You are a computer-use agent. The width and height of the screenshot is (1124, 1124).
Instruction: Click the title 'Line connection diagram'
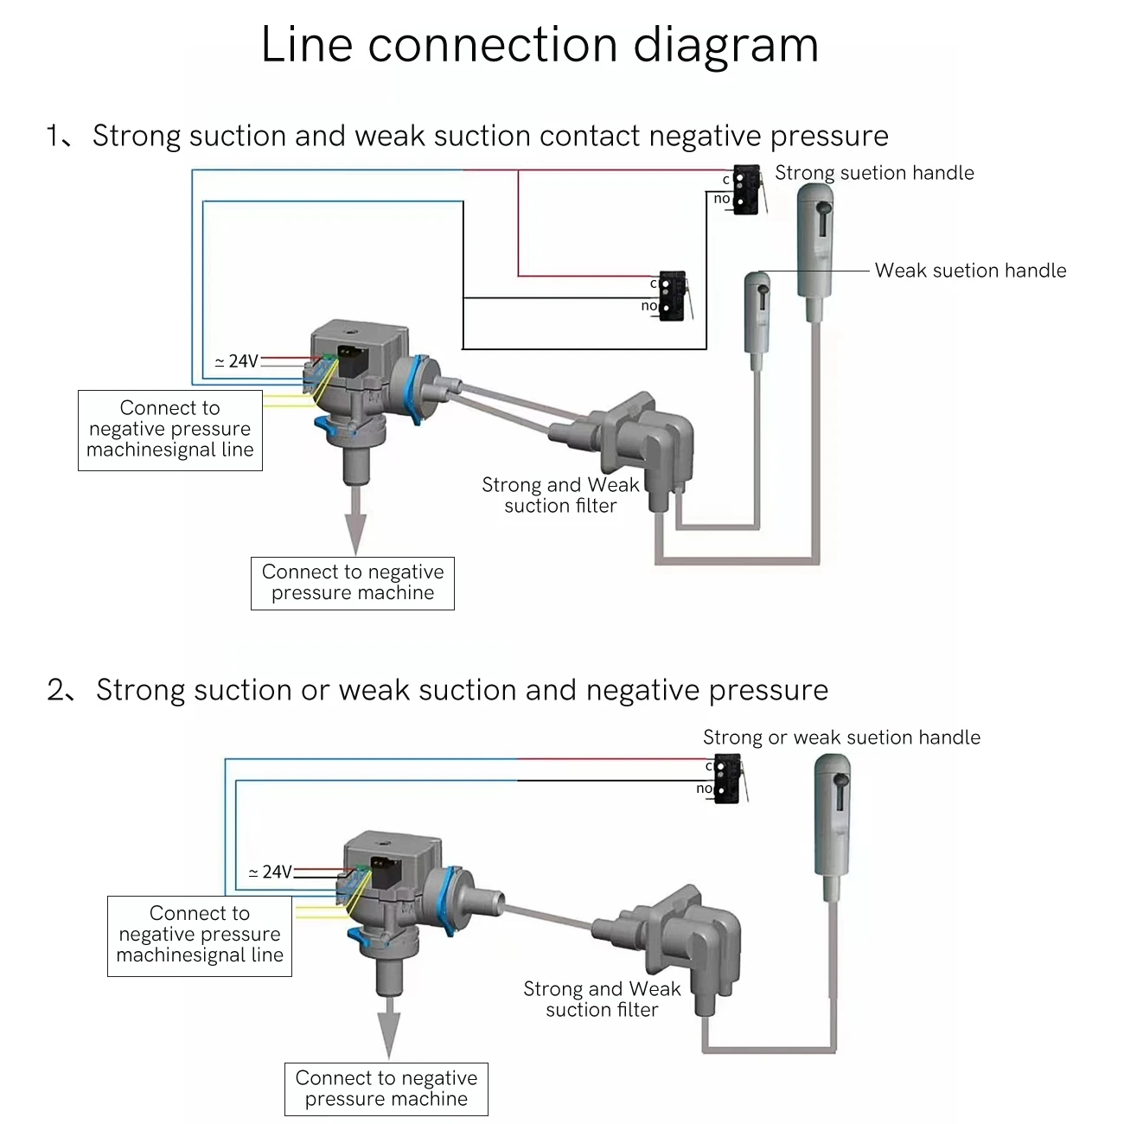540,45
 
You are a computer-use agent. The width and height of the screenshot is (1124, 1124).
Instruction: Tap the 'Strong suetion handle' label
873,173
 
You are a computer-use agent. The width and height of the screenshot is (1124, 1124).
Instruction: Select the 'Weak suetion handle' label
970,271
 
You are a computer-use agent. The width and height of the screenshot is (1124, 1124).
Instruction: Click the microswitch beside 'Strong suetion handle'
745,189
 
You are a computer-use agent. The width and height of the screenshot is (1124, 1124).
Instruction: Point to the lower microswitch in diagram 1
672,296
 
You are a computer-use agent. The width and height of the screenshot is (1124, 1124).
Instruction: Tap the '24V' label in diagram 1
237,361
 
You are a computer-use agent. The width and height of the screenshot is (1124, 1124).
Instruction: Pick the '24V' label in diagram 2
271,872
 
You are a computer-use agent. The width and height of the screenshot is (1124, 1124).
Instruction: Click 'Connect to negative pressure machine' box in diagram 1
353,584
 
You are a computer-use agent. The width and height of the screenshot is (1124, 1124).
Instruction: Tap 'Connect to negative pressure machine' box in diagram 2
386,1089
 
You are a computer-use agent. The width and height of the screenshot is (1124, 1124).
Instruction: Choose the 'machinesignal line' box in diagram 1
170,430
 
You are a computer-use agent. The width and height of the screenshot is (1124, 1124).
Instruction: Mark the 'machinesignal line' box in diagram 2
200,936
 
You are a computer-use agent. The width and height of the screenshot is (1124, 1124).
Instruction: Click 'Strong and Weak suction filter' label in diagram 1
560,495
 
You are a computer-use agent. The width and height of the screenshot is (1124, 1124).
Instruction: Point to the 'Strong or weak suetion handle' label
841,738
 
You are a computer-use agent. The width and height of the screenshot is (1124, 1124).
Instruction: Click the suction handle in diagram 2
833,813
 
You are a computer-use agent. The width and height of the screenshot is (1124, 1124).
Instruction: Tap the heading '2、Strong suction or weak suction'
437,690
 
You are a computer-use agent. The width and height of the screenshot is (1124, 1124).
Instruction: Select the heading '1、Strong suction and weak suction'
467,136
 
